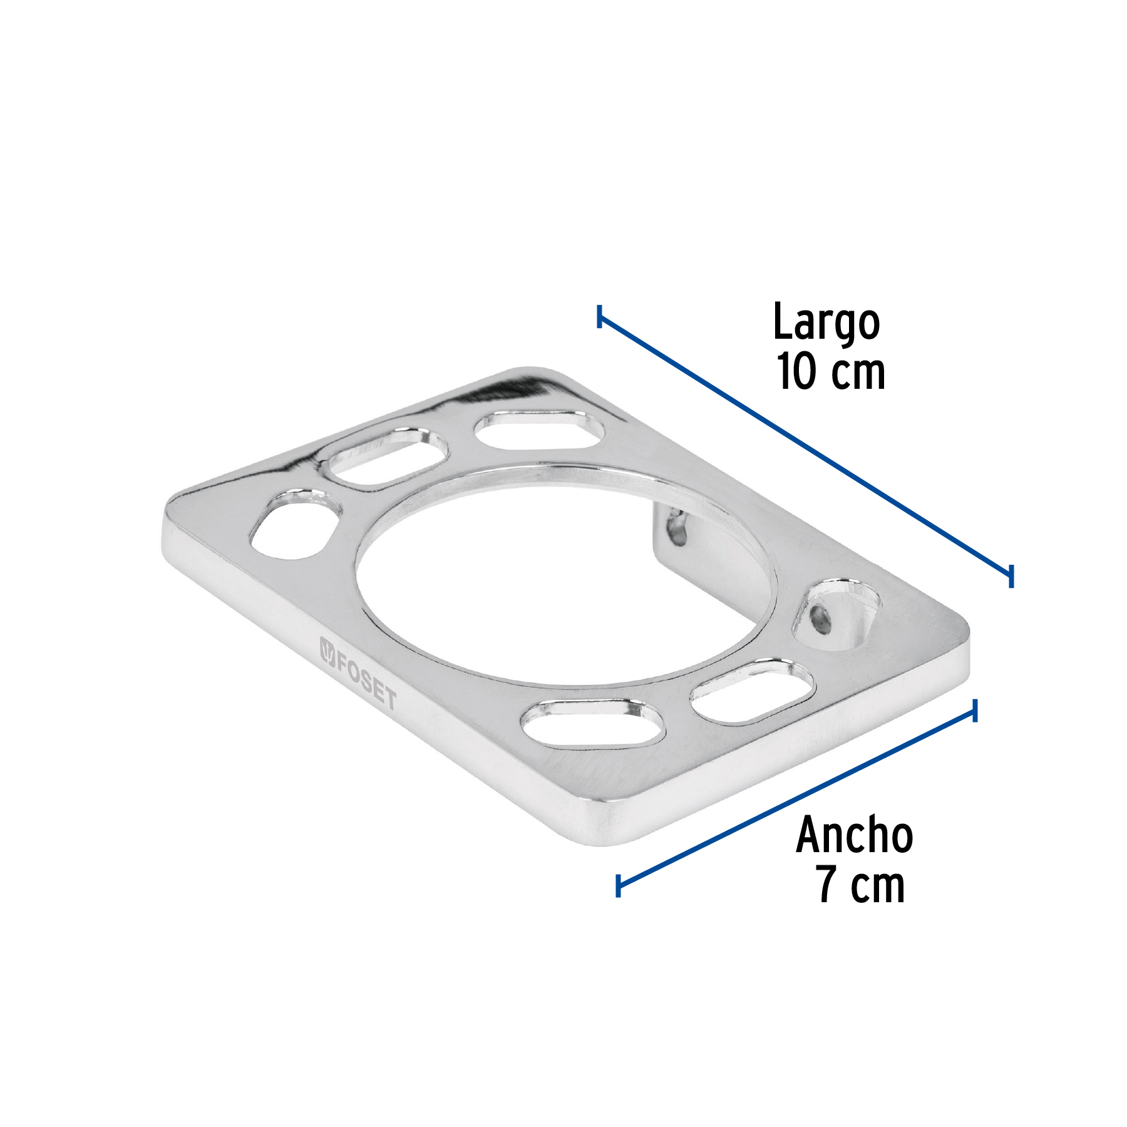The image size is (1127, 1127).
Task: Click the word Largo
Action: (826, 323)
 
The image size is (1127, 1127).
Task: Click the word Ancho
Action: (854, 836)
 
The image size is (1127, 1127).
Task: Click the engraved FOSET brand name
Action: (366, 681)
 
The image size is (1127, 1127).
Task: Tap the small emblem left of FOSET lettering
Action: (327, 652)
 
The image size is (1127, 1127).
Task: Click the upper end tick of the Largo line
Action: (600, 317)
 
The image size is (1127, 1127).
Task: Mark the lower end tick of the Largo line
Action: (1011, 575)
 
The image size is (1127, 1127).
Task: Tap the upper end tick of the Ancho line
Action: (975, 711)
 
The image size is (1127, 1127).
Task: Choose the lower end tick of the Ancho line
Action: (619, 885)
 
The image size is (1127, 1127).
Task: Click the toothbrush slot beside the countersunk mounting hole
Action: (753, 692)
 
